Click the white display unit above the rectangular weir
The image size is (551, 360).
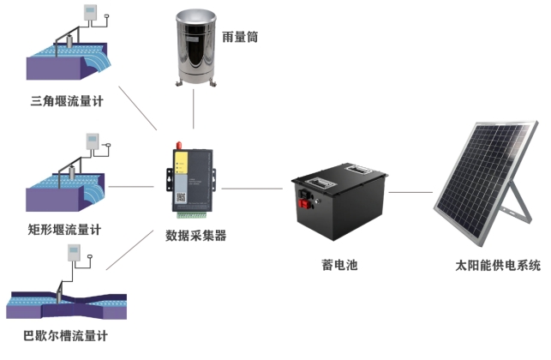pos(93,140)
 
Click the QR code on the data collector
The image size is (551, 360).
pos(181,195)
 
